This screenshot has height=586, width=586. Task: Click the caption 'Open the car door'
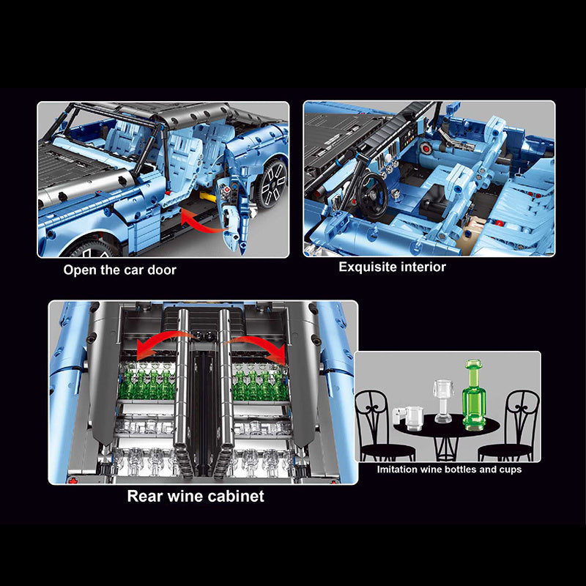119,270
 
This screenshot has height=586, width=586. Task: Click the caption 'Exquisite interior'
392,267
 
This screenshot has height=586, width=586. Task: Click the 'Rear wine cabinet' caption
196,496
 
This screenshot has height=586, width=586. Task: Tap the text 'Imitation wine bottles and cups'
449,470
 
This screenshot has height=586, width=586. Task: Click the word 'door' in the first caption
161,270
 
